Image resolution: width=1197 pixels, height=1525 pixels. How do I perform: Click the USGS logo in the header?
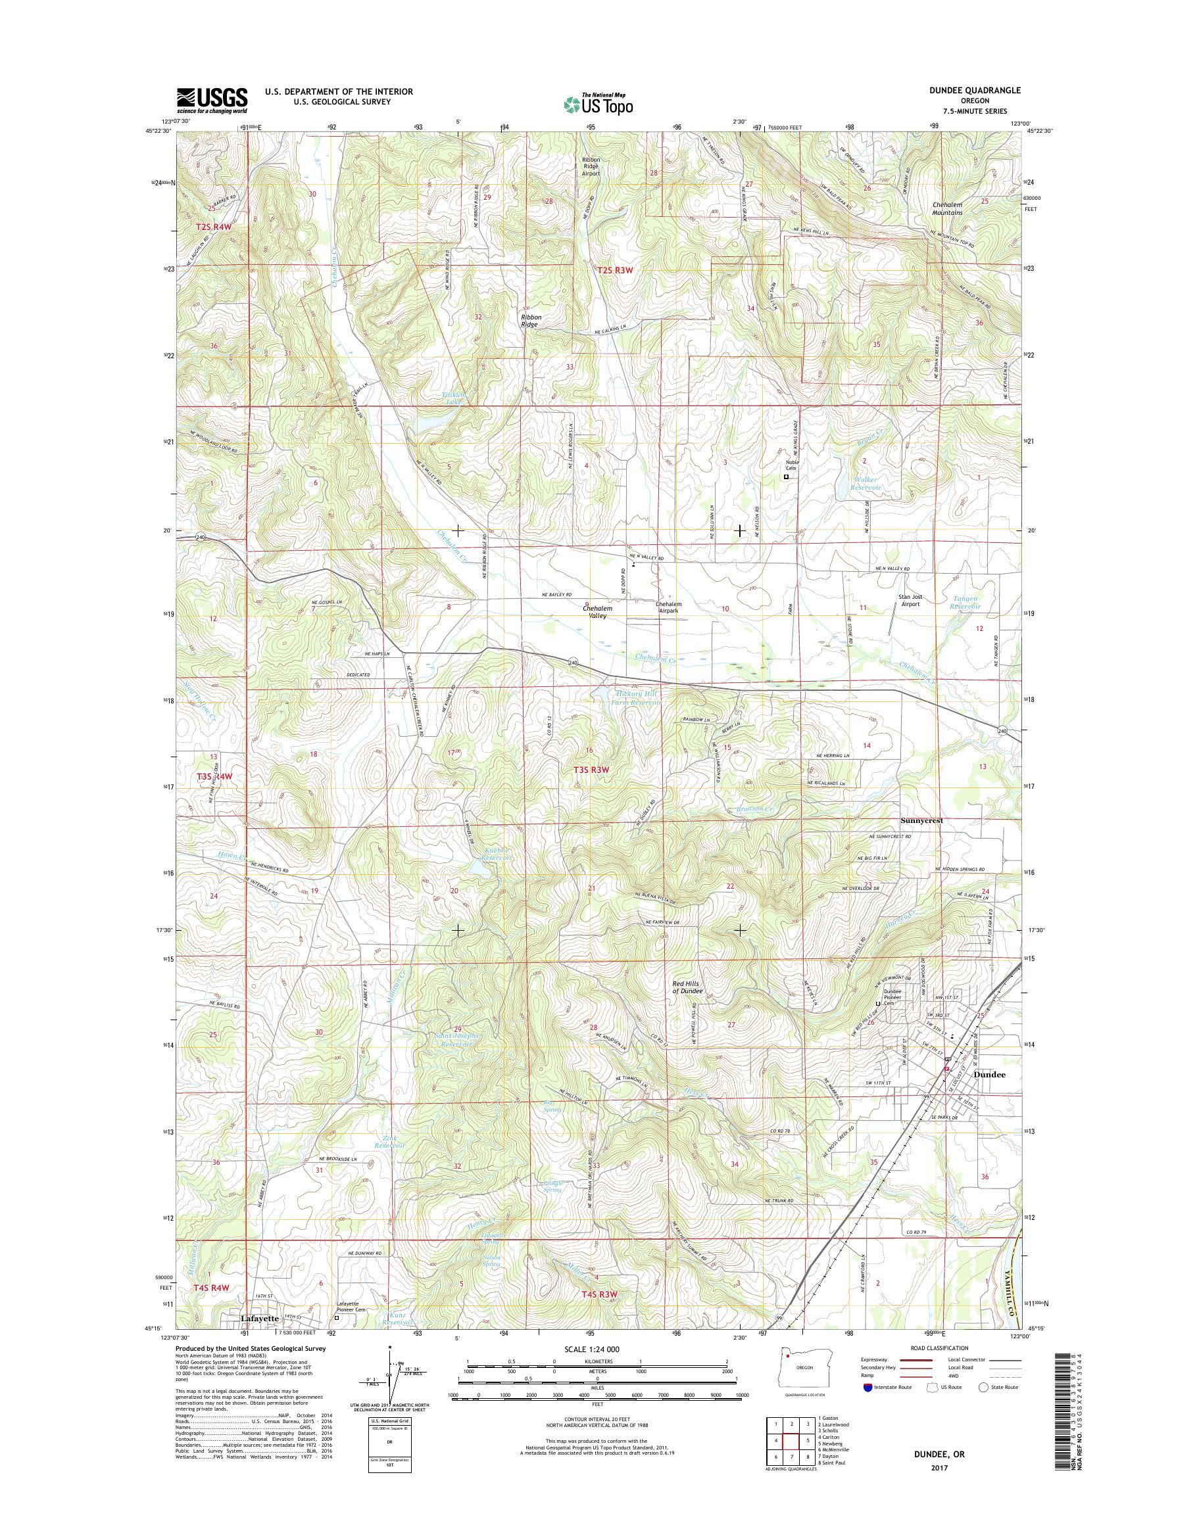212,100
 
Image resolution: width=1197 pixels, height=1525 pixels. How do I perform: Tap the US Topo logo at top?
598,105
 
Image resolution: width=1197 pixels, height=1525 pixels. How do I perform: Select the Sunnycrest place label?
921,820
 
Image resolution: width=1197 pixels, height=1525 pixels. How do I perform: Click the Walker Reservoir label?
865,483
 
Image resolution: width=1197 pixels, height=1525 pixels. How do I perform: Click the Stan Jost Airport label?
910,600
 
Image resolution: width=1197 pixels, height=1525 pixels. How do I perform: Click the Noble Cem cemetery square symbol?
786,477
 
